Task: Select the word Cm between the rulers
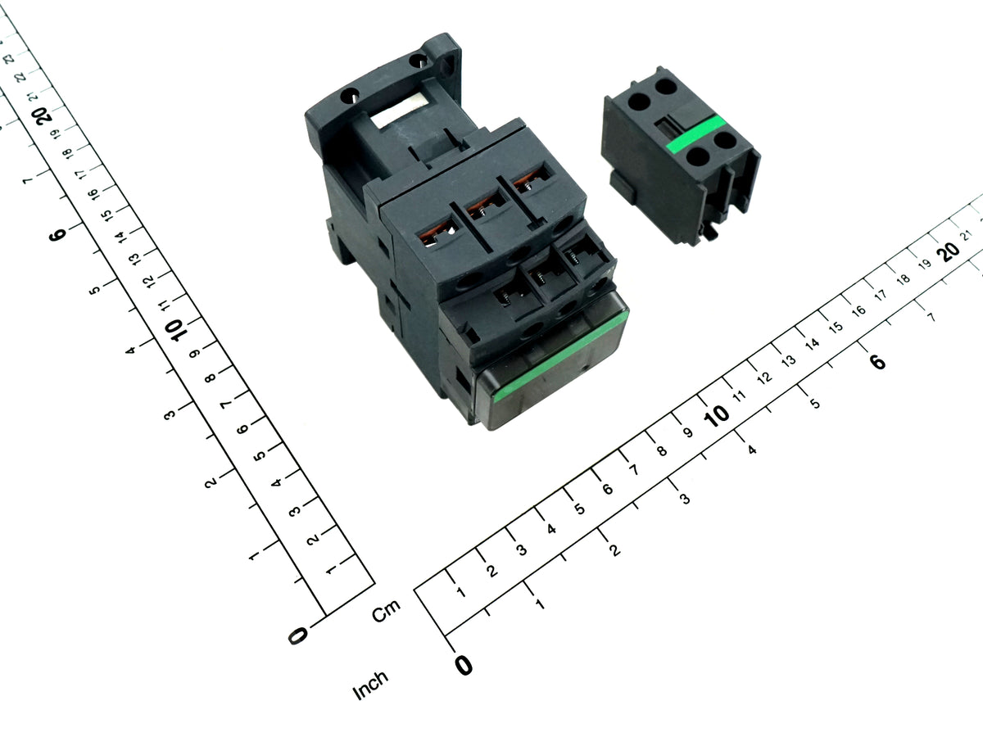(386, 611)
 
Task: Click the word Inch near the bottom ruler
(370, 685)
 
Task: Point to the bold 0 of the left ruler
(298, 635)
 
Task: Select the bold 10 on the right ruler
(717, 416)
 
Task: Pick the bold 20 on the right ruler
(950, 251)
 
